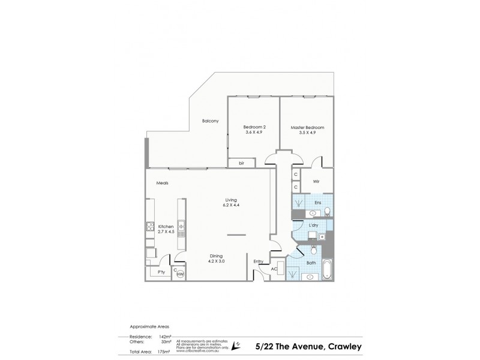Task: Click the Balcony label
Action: (210, 121)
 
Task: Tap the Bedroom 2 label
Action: (254, 127)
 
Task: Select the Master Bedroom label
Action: (307, 127)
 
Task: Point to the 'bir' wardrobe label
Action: (241, 163)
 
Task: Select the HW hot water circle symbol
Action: (180, 274)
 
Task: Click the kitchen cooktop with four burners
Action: (150, 227)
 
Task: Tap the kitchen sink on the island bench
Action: (180, 227)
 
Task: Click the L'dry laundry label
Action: (313, 226)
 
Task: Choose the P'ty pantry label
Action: (161, 272)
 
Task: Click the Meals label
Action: (162, 183)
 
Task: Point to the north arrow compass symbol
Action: (238, 344)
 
